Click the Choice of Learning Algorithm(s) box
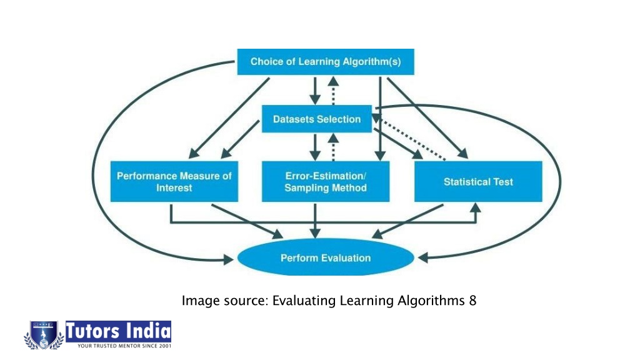pos(326,62)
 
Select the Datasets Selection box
pos(317,119)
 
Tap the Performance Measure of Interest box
pos(174,182)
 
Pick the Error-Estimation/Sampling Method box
pos(326,182)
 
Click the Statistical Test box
pos(478,182)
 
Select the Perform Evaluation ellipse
pos(326,257)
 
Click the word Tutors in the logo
pos(92,331)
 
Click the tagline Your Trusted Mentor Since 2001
pos(124,346)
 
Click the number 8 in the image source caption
pos(472,301)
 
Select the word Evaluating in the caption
pos(304,301)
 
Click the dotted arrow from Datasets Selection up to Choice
pos(334,91)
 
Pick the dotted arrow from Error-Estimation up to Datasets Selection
pos(334,147)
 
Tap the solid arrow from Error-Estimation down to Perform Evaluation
pos(315,221)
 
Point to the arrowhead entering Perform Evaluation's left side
pos(228,259)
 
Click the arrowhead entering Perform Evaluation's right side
pos(424,257)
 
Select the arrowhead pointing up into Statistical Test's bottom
pos(475,207)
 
